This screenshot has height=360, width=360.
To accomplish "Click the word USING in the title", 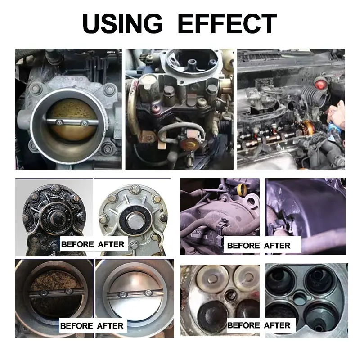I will [x=122, y=23].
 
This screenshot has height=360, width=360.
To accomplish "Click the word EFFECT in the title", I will [x=227, y=23].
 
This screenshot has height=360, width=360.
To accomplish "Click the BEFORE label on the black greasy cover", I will [x=77, y=244].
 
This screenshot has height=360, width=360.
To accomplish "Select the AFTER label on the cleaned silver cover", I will [x=110, y=244].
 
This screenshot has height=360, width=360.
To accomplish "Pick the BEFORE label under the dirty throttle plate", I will [x=77, y=325].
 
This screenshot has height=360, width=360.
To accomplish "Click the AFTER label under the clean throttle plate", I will [x=110, y=325].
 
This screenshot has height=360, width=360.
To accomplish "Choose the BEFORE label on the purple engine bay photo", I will [x=243, y=246].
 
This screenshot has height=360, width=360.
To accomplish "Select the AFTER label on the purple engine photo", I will [x=277, y=246].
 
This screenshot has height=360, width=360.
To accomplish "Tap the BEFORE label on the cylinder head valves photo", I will [x=243, y=325].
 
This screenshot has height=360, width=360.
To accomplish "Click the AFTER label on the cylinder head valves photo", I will [x=277, y=325].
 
